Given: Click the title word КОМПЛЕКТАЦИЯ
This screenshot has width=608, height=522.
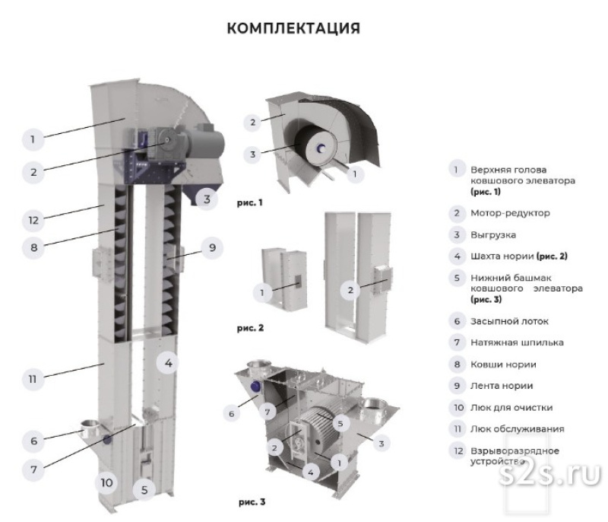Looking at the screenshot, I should [293, 28].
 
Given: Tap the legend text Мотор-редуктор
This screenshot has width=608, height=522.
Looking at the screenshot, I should [509, 213].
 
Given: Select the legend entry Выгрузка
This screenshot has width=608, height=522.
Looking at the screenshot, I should [493, 234].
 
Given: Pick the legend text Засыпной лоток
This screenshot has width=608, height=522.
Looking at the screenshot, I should [509, 321].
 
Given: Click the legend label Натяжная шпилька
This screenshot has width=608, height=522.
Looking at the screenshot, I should [517, 342].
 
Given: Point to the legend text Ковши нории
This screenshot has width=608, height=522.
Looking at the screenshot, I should [503, 364].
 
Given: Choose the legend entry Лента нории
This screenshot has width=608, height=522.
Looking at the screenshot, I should [502, 386].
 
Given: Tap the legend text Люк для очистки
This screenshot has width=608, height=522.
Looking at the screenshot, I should [511, 407].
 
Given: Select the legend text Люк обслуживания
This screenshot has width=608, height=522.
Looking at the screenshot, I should [517, 429].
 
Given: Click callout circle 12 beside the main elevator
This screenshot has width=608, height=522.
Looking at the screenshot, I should [33, 221].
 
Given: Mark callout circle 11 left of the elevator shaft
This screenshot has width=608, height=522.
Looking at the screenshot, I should [33, 377].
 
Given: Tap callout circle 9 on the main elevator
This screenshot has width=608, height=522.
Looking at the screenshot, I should [212, 247].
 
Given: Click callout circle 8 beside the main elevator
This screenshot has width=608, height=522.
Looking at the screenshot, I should [33, 247].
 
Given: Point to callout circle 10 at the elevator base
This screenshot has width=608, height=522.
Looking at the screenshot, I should [106, 482].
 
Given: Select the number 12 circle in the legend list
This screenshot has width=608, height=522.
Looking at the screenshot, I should [456, 451].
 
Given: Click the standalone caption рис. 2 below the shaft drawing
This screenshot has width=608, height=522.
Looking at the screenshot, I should [250, 329].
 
